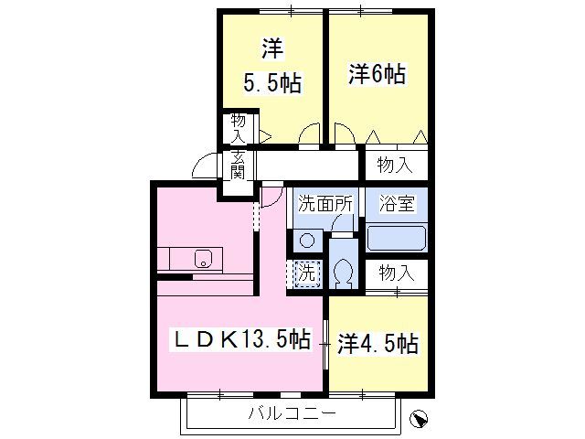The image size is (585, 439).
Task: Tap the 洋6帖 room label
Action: (x=377, y=74)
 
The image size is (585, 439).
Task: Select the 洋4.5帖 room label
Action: (x=377, y=344)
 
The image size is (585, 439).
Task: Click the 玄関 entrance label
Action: (x=238, y=166)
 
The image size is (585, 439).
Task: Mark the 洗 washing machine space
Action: (x=306, y=272)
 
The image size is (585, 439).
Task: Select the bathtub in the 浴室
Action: (x=397, y=238)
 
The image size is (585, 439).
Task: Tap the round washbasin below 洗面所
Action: (x=307, y=241)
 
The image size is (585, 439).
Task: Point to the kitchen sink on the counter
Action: (x=202, y=258)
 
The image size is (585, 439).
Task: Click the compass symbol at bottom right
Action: (x=419, y=418)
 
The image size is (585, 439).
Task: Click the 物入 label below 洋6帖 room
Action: (x=396, y=166)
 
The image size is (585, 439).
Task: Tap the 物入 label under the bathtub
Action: (x=397, y=272)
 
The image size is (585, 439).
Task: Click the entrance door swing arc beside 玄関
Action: (x=207, y=165)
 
